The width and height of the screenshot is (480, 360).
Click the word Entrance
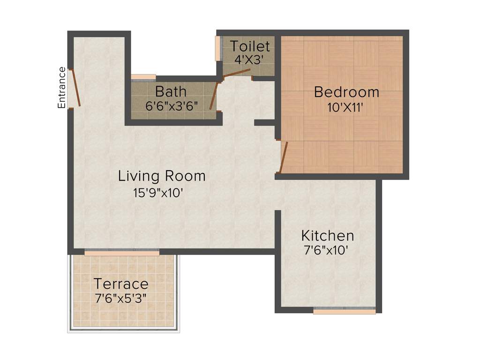tap(62, 88)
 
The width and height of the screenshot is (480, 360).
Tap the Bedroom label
tap(346, 92)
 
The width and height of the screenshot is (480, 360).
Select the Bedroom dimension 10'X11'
tap(346, 107)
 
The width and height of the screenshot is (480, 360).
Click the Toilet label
tap(250, 46)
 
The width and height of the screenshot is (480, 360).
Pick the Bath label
tap(171, 90)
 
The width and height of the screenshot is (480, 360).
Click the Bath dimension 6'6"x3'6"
tap(174, 105)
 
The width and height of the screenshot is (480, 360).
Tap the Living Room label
tap(162, 176)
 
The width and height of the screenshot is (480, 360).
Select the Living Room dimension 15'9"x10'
tap(162, 192)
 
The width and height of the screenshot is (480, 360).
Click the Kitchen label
tap(327, 235)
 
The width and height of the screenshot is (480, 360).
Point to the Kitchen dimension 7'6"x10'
tap(326, 250)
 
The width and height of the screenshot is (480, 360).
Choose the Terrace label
tap(121, 284)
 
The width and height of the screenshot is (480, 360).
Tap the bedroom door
tap(283, 157)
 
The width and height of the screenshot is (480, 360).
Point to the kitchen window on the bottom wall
tap(344, 310)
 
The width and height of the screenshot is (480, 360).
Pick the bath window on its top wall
tap(143, 77)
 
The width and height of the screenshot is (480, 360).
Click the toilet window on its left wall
tap(217, 48)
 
